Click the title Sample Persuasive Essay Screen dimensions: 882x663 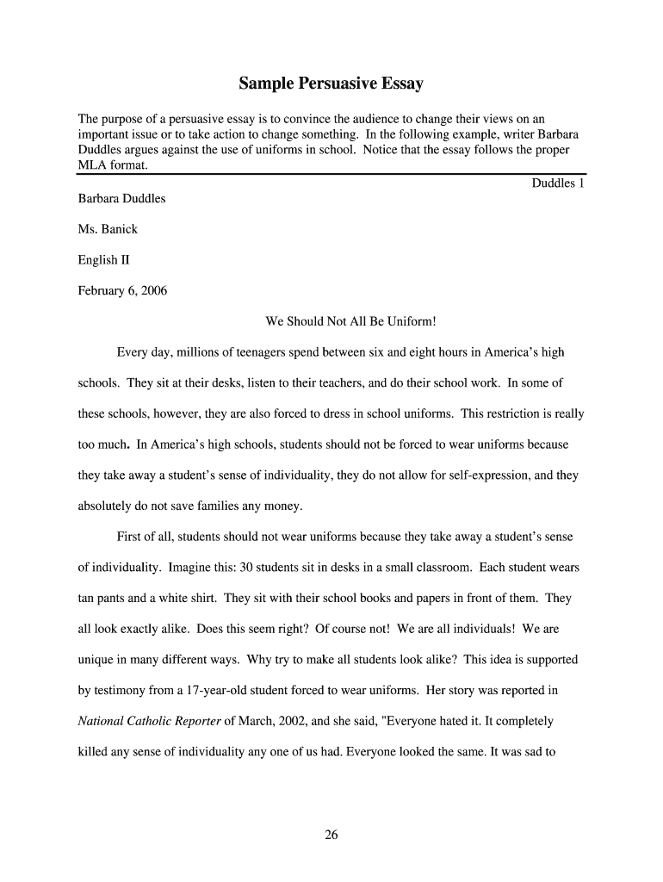(331, 84)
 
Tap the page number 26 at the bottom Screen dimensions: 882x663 (331, 835)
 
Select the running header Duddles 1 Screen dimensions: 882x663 (558, 183)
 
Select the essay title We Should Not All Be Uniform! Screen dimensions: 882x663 (351, 322)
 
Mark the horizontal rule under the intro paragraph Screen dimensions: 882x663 (331, 174)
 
